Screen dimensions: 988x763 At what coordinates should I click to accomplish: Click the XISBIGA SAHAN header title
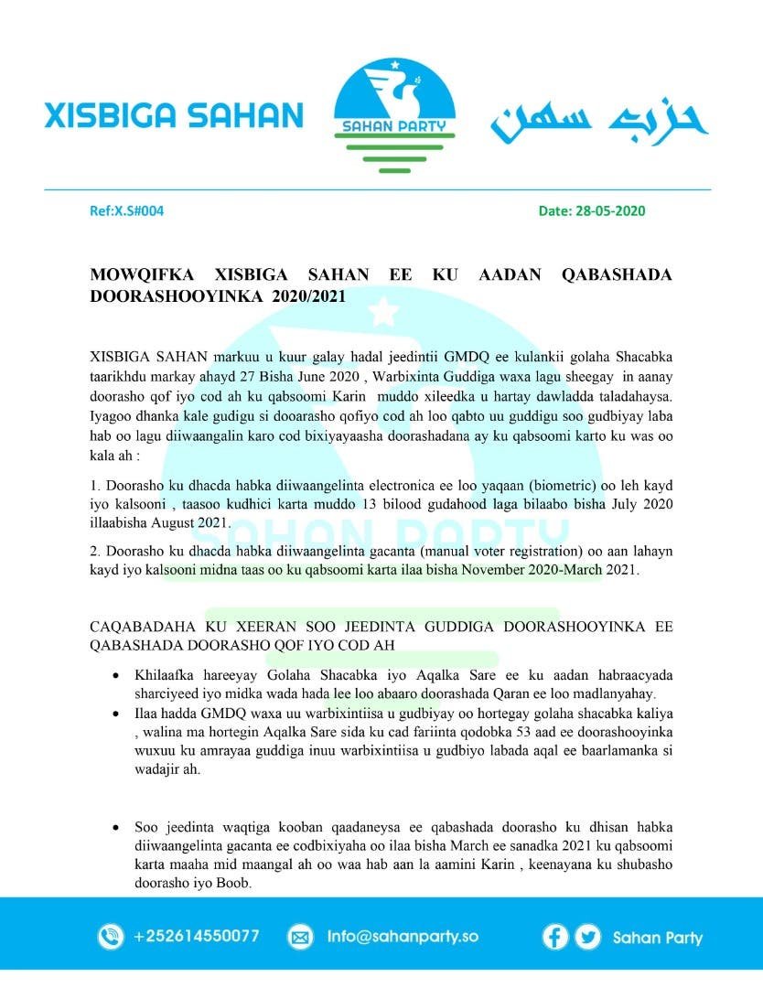(x=174, y=115)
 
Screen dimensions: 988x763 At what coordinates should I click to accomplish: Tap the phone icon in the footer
(x=110, y=937)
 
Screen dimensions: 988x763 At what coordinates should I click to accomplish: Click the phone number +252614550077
(x=196, y=937)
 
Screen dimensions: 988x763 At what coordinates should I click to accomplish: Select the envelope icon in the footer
(x=300, y=937)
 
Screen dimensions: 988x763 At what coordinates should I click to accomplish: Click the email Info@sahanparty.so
(x=403, y=937)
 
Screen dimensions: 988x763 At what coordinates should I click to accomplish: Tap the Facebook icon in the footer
(x=554, y=937)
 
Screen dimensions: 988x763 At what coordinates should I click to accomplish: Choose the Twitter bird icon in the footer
(x=588, y=937)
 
